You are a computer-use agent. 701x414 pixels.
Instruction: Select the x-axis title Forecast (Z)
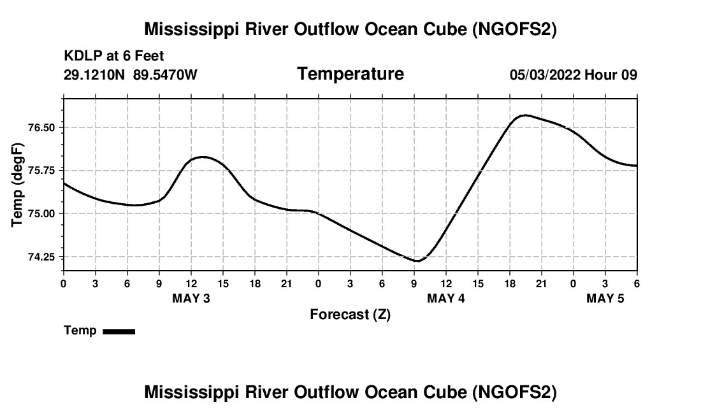350,314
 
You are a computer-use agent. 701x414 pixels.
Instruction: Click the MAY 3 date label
191,298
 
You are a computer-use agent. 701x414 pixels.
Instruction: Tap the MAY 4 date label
446,298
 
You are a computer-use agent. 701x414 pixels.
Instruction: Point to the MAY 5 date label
605,298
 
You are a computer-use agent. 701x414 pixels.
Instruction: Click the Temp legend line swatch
119,331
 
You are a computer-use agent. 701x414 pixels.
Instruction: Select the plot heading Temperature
350,74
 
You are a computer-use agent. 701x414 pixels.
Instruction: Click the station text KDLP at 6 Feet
114,56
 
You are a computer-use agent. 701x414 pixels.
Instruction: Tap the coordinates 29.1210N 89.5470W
131,75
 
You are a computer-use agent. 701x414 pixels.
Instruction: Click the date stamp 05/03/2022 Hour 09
574,75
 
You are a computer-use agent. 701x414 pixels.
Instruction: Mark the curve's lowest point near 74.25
417,261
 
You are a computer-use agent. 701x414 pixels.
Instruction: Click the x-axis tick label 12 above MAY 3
191,283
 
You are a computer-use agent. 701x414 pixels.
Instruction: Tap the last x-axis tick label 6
637,283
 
